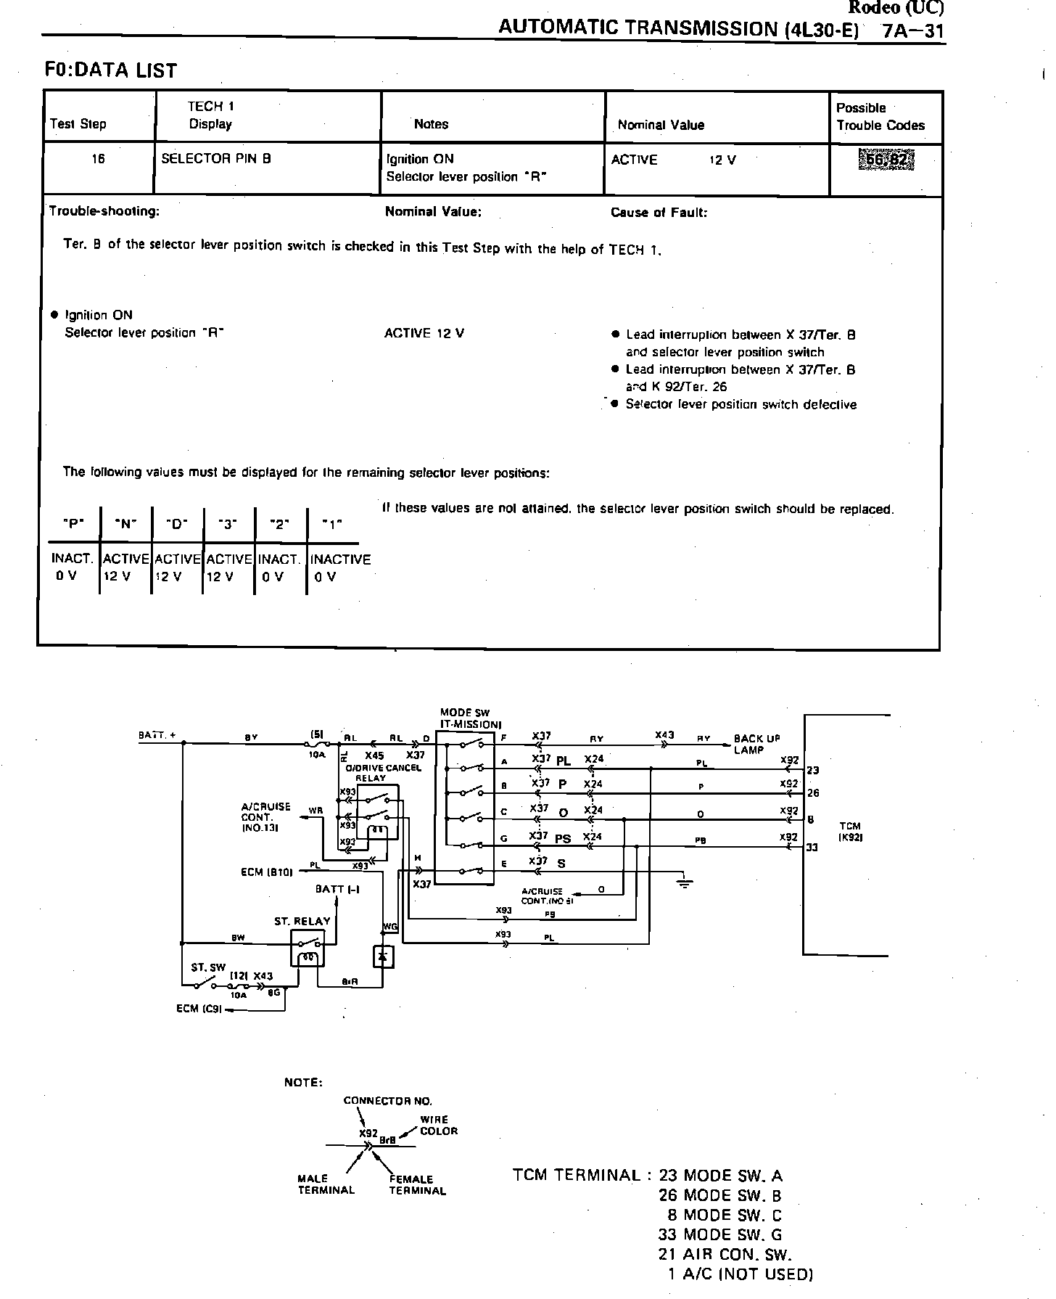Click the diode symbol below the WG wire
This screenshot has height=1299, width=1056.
(382, 957)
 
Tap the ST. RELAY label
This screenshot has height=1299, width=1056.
(302, 922)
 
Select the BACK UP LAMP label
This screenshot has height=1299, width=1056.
(756, 744)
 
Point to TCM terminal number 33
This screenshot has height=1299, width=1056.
(812, 847)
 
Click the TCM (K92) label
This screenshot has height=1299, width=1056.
(850, 832)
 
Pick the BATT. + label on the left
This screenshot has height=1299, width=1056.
(157, 735)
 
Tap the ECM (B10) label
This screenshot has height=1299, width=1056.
(266, 872)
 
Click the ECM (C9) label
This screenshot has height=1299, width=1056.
(198, 1009)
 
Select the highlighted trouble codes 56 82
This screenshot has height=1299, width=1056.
(886, 160)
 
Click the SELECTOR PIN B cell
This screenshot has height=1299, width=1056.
(216, 158)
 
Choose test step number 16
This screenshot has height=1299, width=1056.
(98, 158)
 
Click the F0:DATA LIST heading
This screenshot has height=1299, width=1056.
(111, 70)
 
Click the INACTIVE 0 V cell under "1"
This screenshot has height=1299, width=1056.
(339, 567)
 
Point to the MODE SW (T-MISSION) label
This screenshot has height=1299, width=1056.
(470, 718)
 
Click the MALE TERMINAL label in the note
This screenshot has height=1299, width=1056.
(326, 1184)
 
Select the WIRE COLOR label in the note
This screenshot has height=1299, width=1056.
(438, 1126)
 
